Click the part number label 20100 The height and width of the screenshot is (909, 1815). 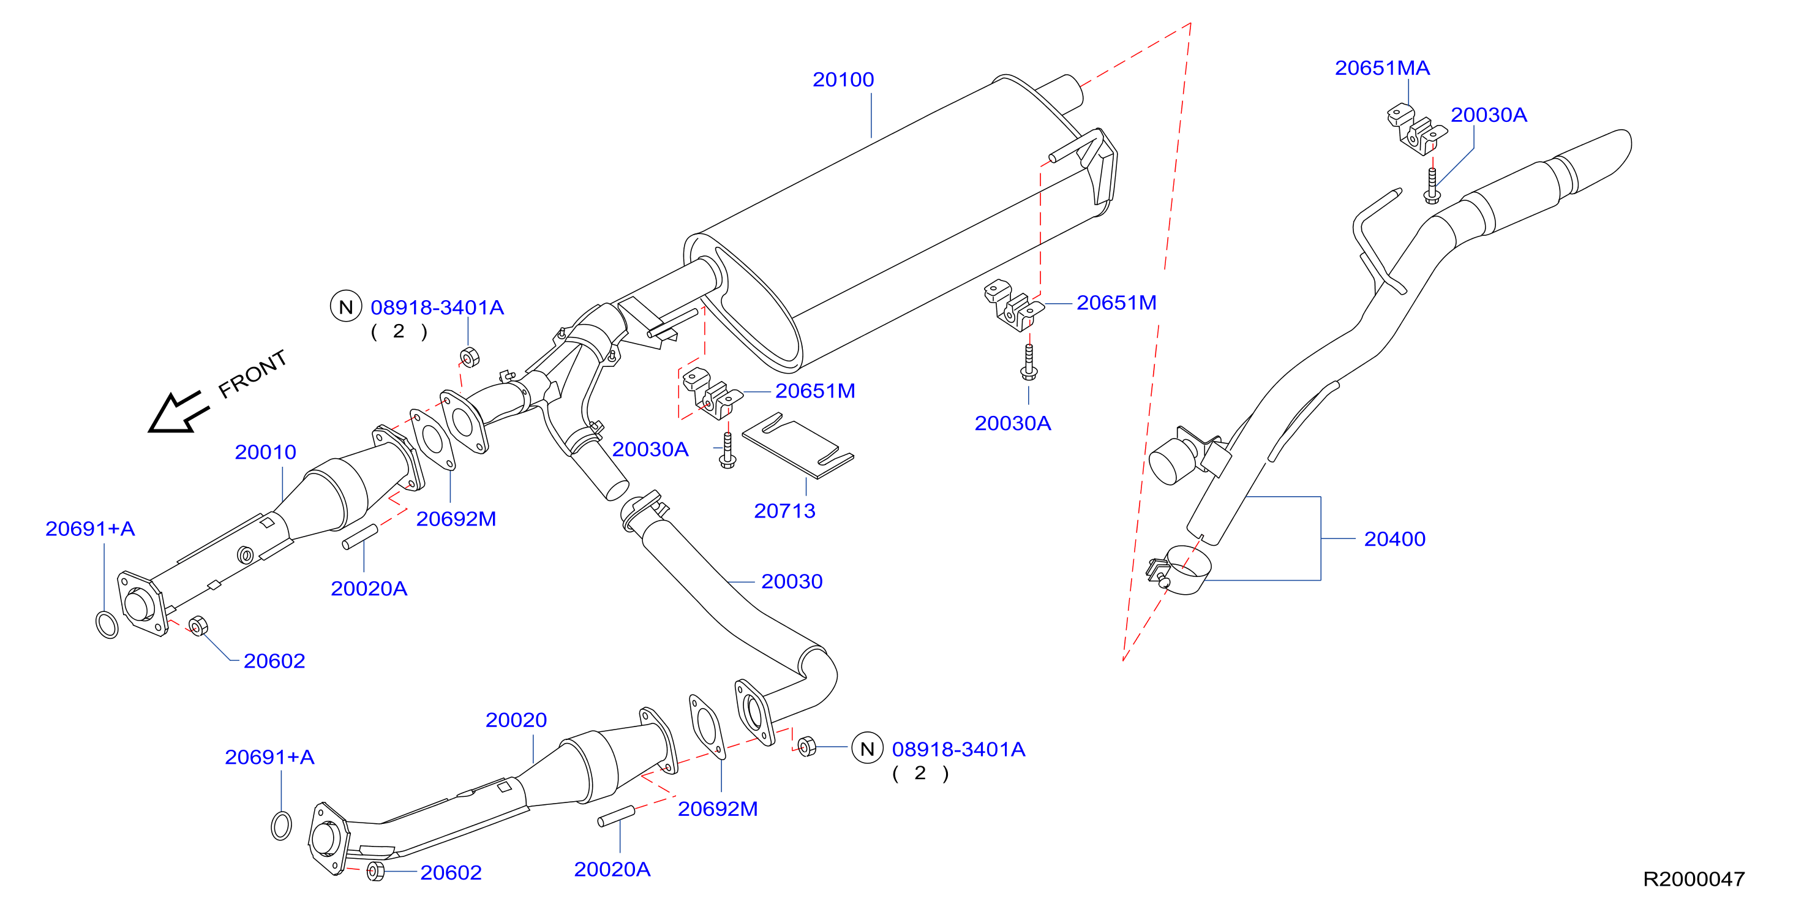point(843,80)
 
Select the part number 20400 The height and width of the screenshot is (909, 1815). point(1394,539)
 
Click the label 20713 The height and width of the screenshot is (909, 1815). point(784,511)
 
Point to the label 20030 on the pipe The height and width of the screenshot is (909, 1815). point(791,581)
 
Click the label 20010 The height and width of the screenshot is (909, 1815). point(265,453)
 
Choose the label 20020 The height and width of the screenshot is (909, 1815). point(516,720)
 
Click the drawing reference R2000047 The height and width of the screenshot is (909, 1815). point(1693,879)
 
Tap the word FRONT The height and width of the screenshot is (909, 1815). point(252,374)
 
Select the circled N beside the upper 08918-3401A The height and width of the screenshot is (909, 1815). point(346,306)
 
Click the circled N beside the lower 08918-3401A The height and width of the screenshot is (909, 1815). point(867,749)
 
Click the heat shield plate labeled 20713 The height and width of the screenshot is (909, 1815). point(798,445)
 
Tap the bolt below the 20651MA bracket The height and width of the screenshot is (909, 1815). point(1432,186)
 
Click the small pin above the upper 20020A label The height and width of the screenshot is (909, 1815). point(360,537)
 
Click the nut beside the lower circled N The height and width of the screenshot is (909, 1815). point(806,745)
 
